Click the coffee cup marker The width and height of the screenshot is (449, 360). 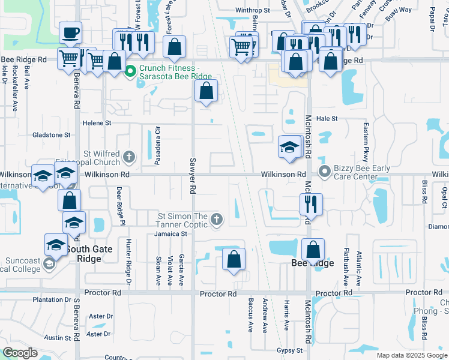point(71,33)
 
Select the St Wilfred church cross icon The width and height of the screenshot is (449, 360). point(128,158)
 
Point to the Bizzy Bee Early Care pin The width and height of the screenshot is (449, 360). point(325,172)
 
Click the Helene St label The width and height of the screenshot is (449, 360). point(97,122)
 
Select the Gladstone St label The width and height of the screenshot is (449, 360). point(52,135)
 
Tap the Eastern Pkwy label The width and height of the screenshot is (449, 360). point(364,142)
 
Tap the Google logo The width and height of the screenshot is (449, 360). point(20,353)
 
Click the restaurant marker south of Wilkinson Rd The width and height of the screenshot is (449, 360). point(311,205)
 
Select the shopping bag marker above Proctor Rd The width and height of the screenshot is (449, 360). point(234,259)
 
